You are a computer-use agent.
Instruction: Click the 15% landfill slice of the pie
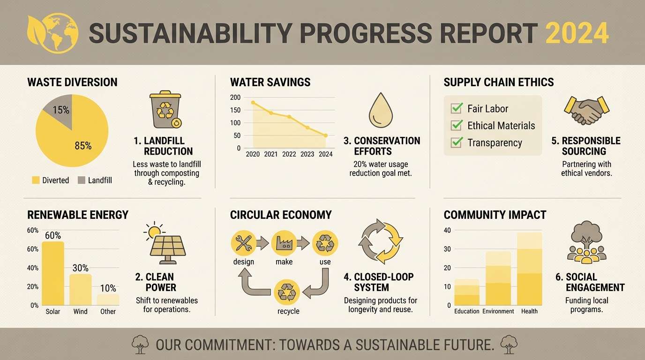pos(59,108)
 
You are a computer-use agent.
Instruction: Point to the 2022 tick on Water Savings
pos(289,154)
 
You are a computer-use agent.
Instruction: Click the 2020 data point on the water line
pos(253,102)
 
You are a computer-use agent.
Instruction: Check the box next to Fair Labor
pos(456,108)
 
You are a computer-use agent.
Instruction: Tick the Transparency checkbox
pos(456,142)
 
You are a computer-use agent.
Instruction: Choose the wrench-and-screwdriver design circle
pos(243,243)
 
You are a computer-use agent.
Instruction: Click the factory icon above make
pos(284,243)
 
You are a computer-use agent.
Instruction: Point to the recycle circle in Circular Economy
pos(286,292)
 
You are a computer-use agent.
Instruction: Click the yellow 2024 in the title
pos(577,33)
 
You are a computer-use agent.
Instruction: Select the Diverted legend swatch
pos(36,180)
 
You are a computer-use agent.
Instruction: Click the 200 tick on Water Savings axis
pos(235,97)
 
